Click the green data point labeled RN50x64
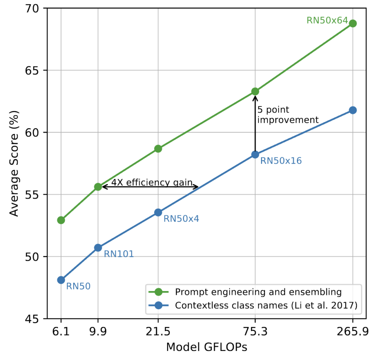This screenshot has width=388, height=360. point(353,23)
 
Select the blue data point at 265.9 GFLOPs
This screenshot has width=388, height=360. point(353,110)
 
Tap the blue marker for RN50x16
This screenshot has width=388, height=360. point(255,155)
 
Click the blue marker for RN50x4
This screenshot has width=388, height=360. point(158,213)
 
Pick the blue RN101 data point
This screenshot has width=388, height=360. point(98,248)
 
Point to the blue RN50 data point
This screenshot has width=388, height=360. point(61,280)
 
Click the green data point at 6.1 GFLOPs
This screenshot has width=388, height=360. point(61,220)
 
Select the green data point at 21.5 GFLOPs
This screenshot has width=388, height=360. point(158,149)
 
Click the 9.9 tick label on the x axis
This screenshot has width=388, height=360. point(98,332)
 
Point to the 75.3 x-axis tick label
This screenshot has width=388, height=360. point(255,332)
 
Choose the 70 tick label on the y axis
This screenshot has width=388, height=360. point(31,8)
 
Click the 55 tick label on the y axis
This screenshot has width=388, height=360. point(31,195)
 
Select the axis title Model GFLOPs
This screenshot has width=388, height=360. point(207,347)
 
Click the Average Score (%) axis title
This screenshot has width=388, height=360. point(14,163)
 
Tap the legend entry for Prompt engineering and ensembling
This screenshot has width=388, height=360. point(258,292)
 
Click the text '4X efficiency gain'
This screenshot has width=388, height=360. point(152,182)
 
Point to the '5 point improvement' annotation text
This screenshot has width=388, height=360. point(287,115)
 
